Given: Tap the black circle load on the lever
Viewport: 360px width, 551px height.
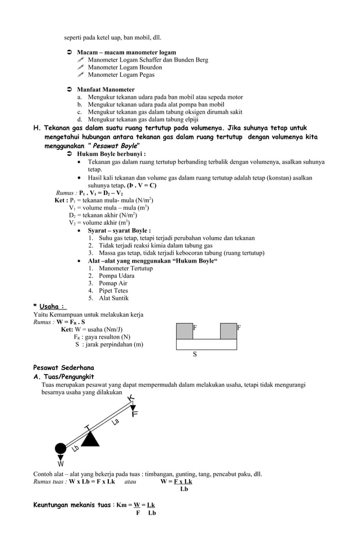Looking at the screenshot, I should pyautogui.click(x=60, y=449).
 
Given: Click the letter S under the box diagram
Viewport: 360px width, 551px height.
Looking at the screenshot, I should pyautogui.click(x=195, y=355).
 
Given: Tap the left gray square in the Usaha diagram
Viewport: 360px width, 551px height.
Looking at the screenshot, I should pyautogui.click(x=185, y=331).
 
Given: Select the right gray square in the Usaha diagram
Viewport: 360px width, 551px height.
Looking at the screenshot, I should pyautogui.click(x=228, y=331).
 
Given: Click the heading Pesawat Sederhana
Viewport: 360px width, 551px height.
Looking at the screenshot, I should pyautogui.click(x=64, y=368).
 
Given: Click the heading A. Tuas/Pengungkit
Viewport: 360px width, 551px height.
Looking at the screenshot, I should pyautogui.click(x=64, y=377).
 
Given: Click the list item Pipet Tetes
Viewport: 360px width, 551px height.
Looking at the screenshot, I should pyautogui.click(x=113, y=291).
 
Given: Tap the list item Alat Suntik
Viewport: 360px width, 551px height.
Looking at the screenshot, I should pyautogui.click(x=113, y=298).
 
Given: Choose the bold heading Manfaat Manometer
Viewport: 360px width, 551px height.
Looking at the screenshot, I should pyautogui.click(x=106, y=89).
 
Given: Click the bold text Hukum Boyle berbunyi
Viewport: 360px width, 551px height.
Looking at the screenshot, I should pyautogui.click(x=111, y=154).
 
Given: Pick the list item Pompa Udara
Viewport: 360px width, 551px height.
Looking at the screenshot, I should pyautogui.click(x=116, y=276).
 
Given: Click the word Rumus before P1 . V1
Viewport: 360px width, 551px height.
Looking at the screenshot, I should pyautogui.click(x=67, y=193).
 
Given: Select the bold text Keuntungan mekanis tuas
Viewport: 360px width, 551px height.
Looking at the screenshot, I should pyautogui.click(x=72, y=505).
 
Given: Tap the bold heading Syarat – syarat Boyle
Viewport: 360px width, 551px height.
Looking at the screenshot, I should pyautogui.click(x=118, y=230).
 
